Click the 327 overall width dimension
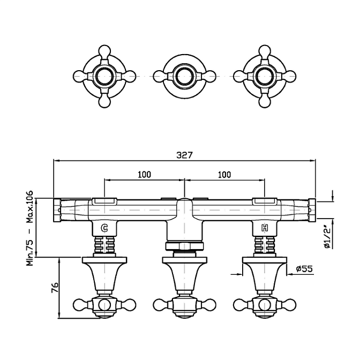(184, 155)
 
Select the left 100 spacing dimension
(145, 175)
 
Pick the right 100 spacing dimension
(224, 175)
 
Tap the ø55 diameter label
(304, 268)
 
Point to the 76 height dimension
(55, 288)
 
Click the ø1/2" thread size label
(327, 237)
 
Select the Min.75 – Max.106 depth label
(30, 228)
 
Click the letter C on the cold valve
(104, 228)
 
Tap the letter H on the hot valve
(265, 228)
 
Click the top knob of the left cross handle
(104, 51)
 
